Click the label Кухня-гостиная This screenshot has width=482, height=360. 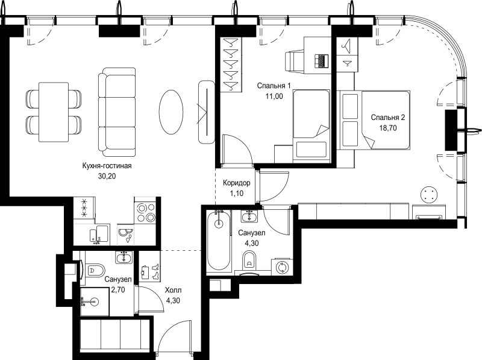coord(107,166)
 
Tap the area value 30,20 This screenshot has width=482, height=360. coord(107,176)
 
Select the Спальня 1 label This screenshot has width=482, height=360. coord(274,86)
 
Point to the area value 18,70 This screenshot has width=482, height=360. coord(388,128)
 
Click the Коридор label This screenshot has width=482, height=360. coord(236,183)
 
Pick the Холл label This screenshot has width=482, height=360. coord(173,290)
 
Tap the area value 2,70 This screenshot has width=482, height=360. coord(117,289)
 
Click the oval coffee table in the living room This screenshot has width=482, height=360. coord(171,112)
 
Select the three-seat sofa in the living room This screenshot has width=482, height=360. coord(117,112)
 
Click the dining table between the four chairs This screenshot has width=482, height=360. coord(54,112)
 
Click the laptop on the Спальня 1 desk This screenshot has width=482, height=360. coord(322,61)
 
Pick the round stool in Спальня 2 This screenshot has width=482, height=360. coord(429,195)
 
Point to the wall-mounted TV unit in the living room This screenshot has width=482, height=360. coord(206,112)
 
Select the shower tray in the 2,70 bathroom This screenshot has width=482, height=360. coord(95,302)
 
